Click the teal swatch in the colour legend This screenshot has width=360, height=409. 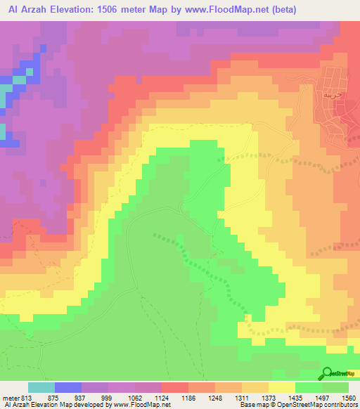41,387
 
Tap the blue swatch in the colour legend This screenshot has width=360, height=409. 68,387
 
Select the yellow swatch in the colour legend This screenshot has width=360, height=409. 282,387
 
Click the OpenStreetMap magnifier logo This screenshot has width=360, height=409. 327,373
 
